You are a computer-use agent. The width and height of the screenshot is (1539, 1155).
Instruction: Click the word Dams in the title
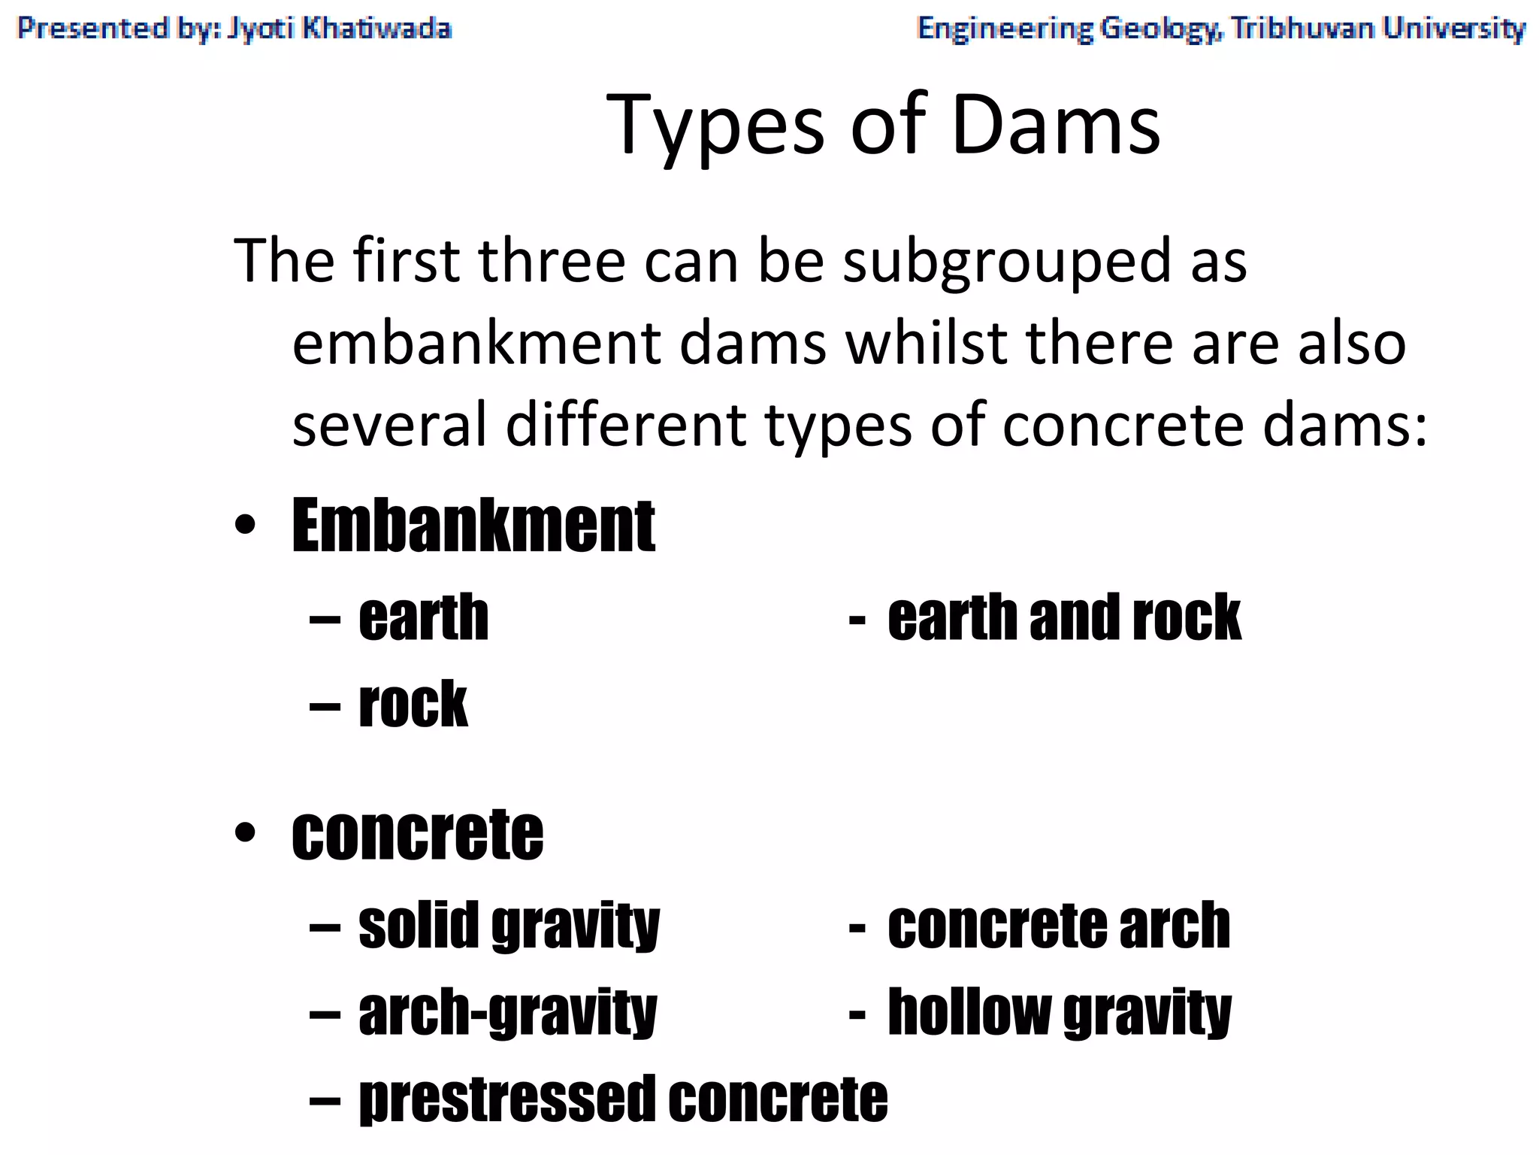coord(1056,124)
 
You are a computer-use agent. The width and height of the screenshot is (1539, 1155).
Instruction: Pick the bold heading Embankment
coord(473,526)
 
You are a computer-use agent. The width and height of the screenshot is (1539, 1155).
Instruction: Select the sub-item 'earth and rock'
coord(1063,617)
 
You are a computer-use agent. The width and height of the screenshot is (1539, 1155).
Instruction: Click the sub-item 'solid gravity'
coord(509,926)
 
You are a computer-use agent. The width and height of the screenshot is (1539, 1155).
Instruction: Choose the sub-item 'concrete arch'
coord(1059,926)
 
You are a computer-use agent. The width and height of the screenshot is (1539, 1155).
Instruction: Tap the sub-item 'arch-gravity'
coord(507,1013)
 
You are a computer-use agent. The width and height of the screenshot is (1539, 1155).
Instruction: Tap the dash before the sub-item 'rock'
coord(325,705)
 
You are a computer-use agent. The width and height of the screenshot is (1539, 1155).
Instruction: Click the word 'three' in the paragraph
coord(552,261)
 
